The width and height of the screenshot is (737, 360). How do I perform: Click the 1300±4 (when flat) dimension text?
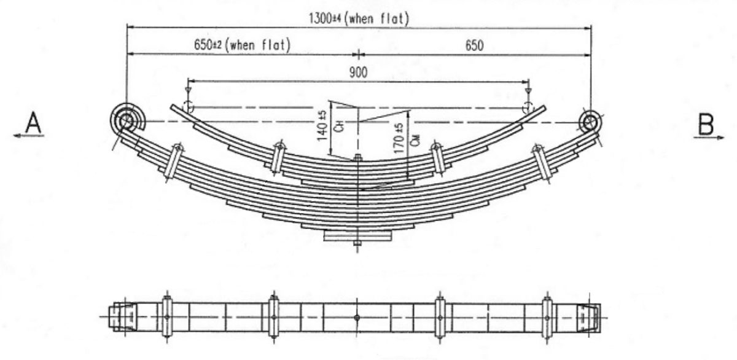(358, 18)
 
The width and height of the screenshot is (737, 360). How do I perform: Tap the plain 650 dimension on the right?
(474, 45)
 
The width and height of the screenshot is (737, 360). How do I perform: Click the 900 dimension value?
(357, 72)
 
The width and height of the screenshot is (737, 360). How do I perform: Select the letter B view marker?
(705, 125)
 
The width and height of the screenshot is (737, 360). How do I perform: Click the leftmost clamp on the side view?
(173, 163)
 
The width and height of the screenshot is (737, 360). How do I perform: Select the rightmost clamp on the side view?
(542, 162)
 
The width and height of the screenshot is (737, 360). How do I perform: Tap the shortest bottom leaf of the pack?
(357, 237)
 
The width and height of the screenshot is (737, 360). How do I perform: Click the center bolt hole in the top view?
(357, 317)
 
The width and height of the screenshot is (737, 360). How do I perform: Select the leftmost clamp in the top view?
(166, 316)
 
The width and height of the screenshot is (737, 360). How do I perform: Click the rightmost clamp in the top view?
(547, 316)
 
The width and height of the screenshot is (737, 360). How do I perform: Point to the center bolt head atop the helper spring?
(357, 159)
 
